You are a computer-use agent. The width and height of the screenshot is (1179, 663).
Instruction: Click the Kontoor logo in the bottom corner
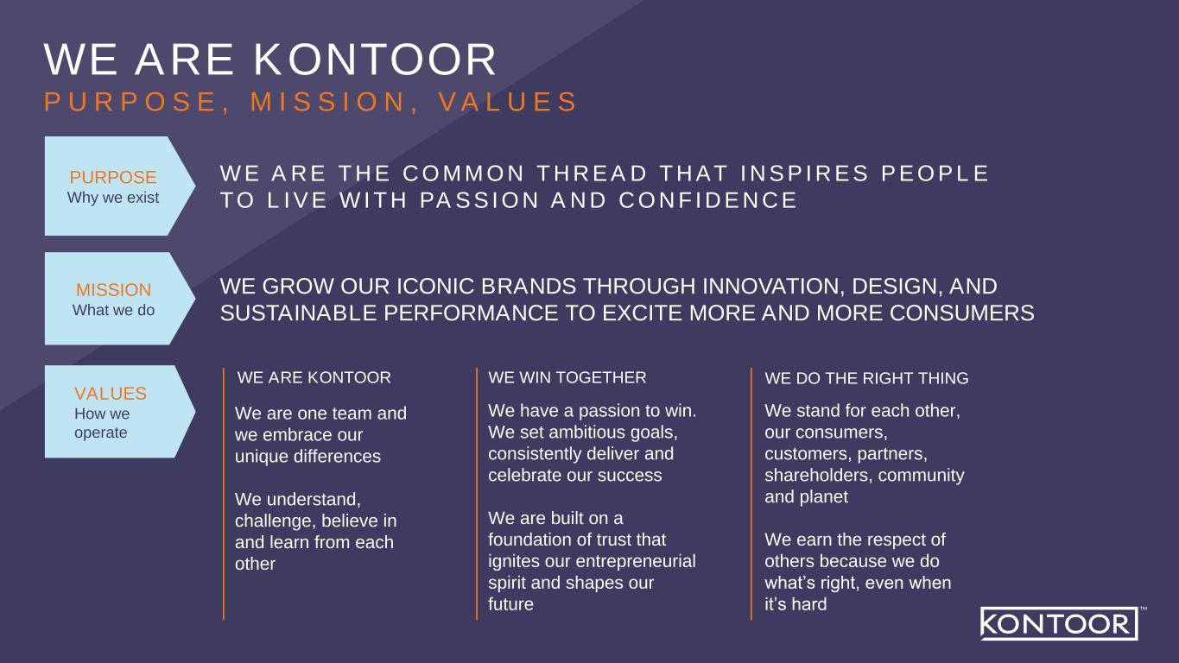(1060, 623)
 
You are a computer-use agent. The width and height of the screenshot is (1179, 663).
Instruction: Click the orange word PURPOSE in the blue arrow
(113, 177)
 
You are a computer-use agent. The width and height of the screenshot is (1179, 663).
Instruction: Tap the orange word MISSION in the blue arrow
(113, 290)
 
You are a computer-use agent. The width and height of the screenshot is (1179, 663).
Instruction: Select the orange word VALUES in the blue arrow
(111, 394)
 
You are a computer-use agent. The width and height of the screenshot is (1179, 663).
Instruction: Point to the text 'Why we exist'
(113, 198)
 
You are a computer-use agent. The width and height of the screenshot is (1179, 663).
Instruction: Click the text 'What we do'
(114, 311)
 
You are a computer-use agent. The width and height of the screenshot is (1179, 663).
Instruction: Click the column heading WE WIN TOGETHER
(567, 378)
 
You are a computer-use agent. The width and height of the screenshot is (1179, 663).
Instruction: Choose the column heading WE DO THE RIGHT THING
(867, 378)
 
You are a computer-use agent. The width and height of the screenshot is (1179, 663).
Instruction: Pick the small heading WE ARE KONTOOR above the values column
(314, 378)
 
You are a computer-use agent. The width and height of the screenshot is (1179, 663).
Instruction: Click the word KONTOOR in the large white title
(375, 60)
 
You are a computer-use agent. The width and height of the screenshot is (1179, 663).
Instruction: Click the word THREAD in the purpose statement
(592, 174)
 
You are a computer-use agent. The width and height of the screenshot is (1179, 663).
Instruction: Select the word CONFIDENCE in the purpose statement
(708, 200)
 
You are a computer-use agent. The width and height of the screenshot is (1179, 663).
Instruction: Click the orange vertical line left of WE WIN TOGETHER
(477, 494)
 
